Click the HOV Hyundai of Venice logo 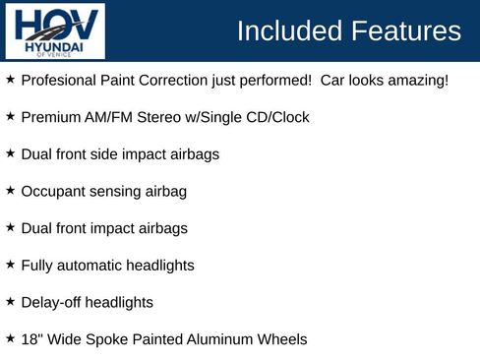coord(55,31)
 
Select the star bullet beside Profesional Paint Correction coord(10,78)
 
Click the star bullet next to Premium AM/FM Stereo coord(10,115)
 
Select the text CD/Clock coord(276,117)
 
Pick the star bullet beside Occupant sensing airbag coord(10,189)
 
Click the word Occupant coord(54,192)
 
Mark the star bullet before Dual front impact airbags coord(10,226)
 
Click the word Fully coord(38,266)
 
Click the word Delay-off coord(53,302)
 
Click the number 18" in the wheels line coord(31,339)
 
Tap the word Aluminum coord(221,339)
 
